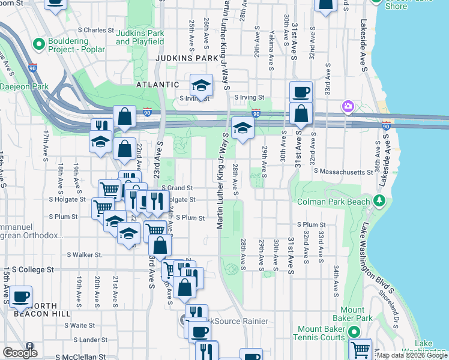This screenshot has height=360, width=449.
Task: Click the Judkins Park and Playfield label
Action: [140, 37]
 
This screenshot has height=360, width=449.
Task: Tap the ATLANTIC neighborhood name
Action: [157, 85]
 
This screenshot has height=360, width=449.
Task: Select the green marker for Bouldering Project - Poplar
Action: [40, 44]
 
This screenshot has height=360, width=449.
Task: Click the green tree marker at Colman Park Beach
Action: [379, 200]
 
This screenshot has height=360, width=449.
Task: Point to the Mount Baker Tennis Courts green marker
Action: [354, 331]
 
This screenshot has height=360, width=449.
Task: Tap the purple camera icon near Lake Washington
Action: [347, 107]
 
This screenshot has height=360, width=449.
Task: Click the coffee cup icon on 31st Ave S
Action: [301, 92]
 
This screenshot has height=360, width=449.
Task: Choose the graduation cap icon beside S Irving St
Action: [202, 85]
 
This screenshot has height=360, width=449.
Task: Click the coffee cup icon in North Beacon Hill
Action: [21, 296]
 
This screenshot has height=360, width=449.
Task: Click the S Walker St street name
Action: [85, 255]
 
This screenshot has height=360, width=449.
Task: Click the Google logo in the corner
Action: [20, 352]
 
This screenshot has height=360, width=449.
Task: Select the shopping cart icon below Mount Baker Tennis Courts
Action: [360, 349]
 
